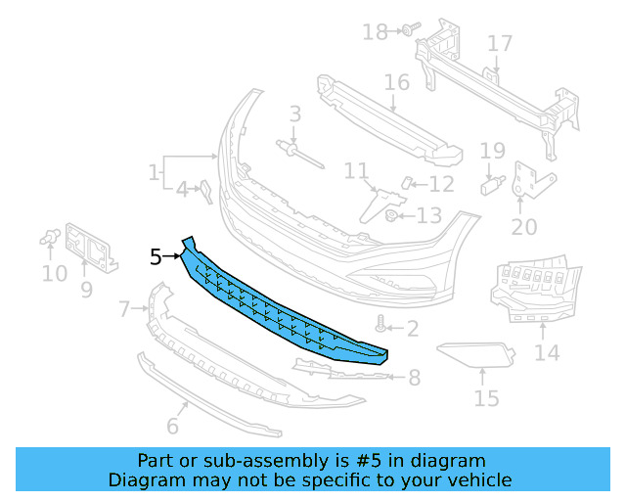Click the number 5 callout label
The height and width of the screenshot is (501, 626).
click(x=156, y=257)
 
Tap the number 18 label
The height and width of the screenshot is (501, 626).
click(x=375, y=32)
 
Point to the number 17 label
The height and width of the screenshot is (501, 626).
click(x=500, y=44)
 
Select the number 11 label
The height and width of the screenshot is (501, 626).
click(x=356, y=172)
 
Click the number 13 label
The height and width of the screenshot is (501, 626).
click(x=429, y=215)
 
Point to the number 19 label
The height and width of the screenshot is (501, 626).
click(x=492, y=151)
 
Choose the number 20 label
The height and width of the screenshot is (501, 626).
click(x=524, y=227)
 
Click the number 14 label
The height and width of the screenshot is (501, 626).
click(x=547, y=351)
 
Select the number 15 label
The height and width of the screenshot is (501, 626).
click(x=486, y=398)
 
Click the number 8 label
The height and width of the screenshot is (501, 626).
click(x=414, y=377)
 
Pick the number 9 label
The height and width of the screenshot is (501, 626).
click(x=86, y=289)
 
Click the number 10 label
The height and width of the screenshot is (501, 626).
click(x=55, y=274)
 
